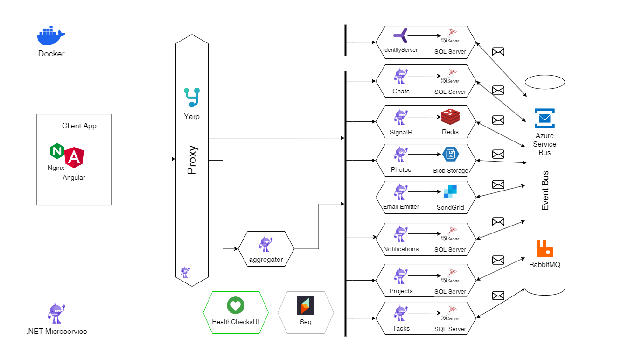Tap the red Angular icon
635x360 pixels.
coord(74,158)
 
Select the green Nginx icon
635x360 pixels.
coord(57,152)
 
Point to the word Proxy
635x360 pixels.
coord(191,161)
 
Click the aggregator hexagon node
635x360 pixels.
coord(266,248)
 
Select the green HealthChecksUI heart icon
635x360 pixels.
coord(236,306)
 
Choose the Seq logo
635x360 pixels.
coord(306,305)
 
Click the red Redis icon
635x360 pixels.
coord(450,117)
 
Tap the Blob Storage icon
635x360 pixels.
coord(450,155)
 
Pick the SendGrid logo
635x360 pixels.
coord(450,192)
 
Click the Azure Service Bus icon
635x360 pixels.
coord(544,118)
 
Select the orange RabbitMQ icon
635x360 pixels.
coord(544,249)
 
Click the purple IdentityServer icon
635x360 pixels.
coord(400,36)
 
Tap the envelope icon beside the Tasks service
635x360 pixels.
coord(498,296)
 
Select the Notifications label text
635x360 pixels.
coord(401,249)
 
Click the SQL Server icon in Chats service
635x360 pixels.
coord(450,76)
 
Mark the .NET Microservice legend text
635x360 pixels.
coord(56,332)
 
